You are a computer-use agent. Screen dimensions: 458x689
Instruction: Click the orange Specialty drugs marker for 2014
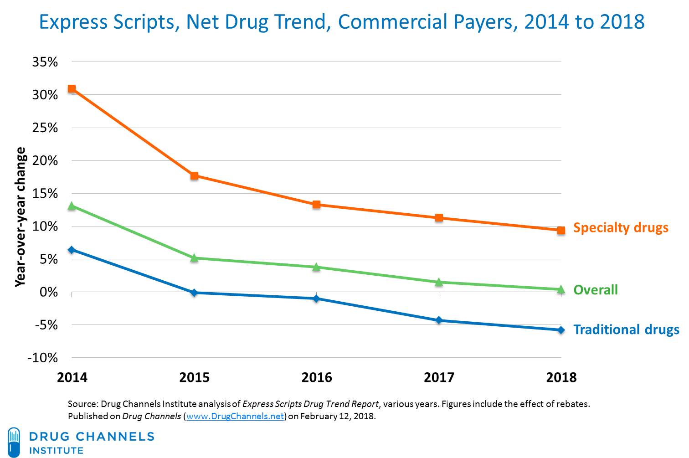72,89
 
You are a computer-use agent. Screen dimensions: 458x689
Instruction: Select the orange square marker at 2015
194,175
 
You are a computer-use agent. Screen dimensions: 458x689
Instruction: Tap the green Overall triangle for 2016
316,267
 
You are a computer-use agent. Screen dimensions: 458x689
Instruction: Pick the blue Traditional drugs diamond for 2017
439,320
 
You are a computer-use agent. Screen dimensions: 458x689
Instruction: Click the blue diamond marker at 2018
561,330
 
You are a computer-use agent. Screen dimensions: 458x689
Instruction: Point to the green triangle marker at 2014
72,206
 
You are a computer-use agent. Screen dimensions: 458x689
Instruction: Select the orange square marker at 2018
561,230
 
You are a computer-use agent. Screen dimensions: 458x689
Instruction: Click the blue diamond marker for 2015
194,293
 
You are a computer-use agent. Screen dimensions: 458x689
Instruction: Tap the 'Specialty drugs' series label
621,227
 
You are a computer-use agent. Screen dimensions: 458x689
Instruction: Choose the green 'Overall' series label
595,290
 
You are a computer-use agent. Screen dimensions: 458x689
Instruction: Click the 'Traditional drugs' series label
626,329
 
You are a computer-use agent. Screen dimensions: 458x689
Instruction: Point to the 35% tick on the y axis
45,62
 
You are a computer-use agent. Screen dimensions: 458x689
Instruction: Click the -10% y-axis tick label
43,358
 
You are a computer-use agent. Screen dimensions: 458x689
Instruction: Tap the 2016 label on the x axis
317,377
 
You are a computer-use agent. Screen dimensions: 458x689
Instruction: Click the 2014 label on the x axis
72,377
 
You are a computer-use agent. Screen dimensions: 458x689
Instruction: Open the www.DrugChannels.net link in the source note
235,416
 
